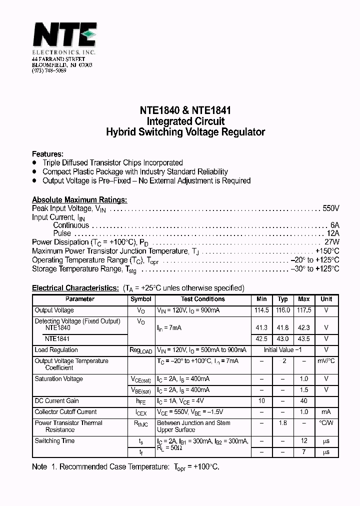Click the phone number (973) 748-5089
click(x=49, y=70)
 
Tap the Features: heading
click(x=47, y=154)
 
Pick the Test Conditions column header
click(x=202, y=299)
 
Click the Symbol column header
click(x=140, y=299)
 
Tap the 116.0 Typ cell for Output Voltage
click(x=282, y=310)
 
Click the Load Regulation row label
click(x=55, y=350)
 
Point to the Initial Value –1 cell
click(x=282, y=350)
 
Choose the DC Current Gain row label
click(x=56, y=401)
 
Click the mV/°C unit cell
click(x=326, y=361)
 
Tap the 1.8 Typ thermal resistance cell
click(x=282, y=423)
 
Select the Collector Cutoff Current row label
click(x=65, y=412)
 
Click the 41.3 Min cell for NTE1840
click(x=261, y=328)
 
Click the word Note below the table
click(x=39, y=466)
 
